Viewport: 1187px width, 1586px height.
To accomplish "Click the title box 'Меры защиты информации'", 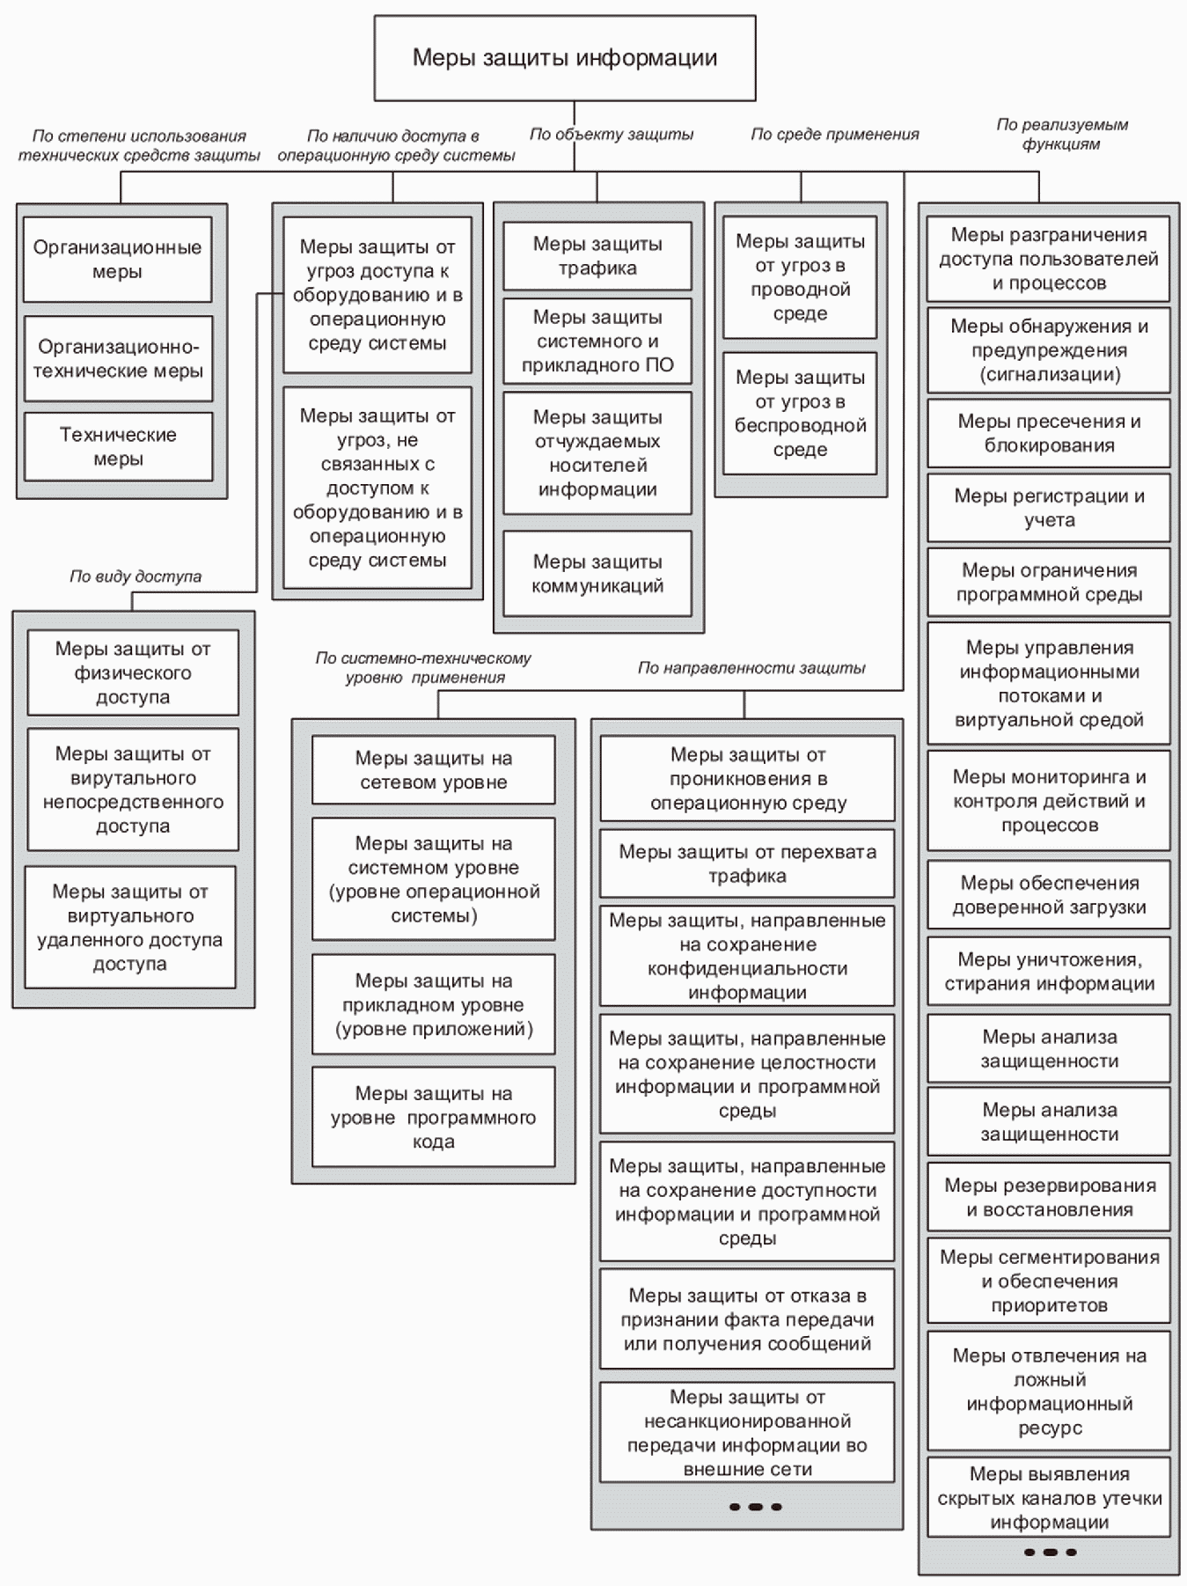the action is pos(565,58).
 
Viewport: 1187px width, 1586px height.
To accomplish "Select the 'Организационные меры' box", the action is pos(118,260).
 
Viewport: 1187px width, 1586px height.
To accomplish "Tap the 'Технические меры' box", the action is pos(118,447).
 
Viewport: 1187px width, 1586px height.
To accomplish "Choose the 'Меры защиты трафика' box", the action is pos(597,256).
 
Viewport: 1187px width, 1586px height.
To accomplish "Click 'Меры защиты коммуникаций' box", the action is pos(597,574).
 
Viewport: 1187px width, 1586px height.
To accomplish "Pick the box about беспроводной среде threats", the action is pos(800,414).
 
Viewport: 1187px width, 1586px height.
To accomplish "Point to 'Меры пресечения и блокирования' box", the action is pos(1049,433).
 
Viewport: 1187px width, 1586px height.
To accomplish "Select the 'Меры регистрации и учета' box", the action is pos(1049,508).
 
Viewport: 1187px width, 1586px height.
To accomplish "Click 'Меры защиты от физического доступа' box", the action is pos(133,672).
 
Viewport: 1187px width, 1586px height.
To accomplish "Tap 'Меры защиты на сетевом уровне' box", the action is pos(434,770).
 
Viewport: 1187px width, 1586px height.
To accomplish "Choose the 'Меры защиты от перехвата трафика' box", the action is pos(747,863).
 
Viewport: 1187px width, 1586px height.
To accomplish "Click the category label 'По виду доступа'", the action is pos(136,576).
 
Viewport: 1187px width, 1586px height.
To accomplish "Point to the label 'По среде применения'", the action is pos(835,134).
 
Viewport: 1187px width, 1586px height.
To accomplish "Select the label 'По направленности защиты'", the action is pos(751,668).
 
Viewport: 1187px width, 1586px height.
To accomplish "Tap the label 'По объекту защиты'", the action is pos(612,134).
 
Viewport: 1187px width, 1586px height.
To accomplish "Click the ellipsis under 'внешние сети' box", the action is pos(755,1507).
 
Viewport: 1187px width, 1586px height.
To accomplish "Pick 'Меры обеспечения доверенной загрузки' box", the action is pos(1049,895).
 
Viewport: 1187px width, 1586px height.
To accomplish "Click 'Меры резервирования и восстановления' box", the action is pos(1049,1197).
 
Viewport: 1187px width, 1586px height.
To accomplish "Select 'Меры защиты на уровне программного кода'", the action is pos(434,1118).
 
